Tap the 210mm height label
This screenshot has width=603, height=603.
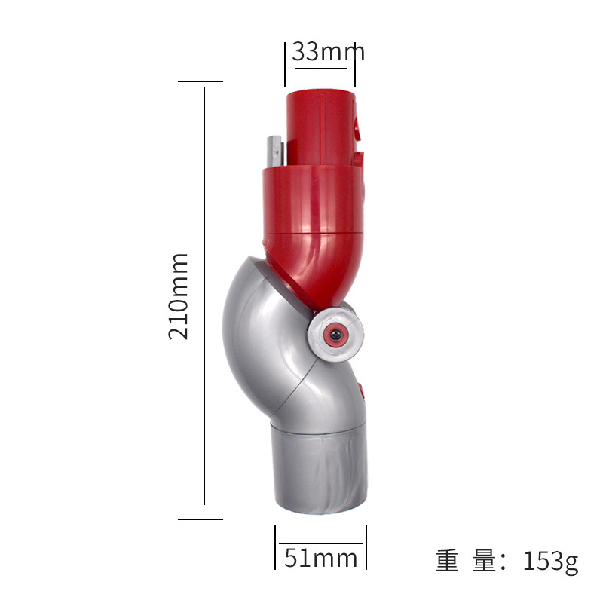[x=179, y=296]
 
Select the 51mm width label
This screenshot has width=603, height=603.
[x=321, y=559]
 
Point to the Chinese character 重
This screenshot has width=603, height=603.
[x=447, y=561]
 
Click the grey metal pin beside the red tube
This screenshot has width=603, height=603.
[x=274, y=151]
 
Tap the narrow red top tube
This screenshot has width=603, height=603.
[x=320, y=127]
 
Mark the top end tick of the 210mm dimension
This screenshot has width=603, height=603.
[x=200, y=81]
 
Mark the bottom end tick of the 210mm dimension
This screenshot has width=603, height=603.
[x=200, y=519]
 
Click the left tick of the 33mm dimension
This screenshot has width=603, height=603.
[x=285, y=65]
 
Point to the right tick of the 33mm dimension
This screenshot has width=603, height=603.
[x=355, y=65]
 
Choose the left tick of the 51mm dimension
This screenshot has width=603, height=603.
[x=275, y=546]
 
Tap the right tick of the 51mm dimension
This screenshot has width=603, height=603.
[x=366, y=546]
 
